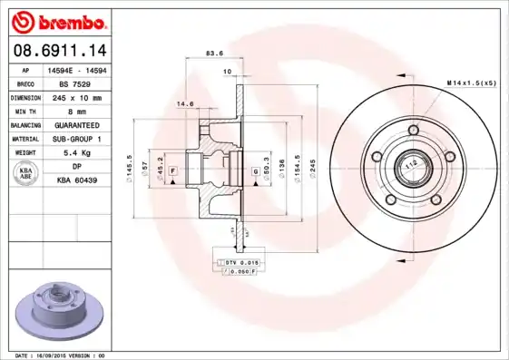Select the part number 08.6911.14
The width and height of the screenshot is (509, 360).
pyautogui.click(x=56, y=51)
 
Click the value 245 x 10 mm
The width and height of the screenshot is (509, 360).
pyautogui.click(x=76, y=97)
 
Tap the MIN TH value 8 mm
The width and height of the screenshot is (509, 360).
pyautogui.click(x=76, y=111)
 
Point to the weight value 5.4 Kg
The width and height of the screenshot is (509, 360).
pyautogui.click(x=76, y=153)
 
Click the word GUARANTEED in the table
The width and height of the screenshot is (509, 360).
pyautogui.click(x=76, y=124)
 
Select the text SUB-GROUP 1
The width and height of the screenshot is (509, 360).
pyautogui.click(x=76, y=139)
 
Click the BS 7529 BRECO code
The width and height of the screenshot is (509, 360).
pyautogui.click(x=76, y=83)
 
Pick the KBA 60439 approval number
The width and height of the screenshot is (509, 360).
pyautogui.click(x=76, y=181)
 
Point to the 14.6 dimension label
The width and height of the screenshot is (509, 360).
pyautogui.click(x=185, y=103)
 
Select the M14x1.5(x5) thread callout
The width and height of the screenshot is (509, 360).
pyautogui.click(x=470, y=83)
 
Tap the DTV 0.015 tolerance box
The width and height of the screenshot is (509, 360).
pyautogui.click(x=240, y=262)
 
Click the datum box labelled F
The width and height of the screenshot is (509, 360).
pyautogui.click(x=172, y=170)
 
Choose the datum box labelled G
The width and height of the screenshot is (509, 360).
pyautogui.click(x=256, y=170)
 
